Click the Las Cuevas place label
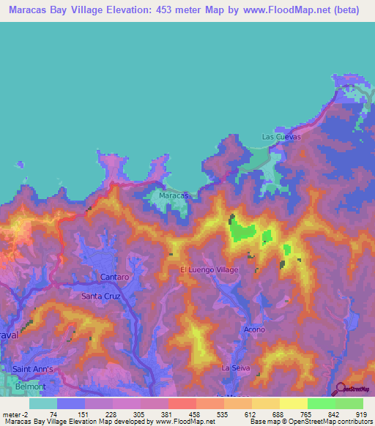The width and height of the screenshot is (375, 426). (x=281, y=137)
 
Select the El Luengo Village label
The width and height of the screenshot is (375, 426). (x=209, y=270)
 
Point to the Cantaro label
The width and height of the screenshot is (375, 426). (x=114, y=277)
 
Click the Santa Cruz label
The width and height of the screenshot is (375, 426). (x=100, y=296)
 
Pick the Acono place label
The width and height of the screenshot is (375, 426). (x=254, y=329)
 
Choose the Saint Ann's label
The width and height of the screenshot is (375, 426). (x=33, y=369)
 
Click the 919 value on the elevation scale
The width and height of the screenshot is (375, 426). (x=362, y=414)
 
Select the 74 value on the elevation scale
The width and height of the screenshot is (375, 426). (x=53, y=414)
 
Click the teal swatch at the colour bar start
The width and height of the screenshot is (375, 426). (x=43, y=403)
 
